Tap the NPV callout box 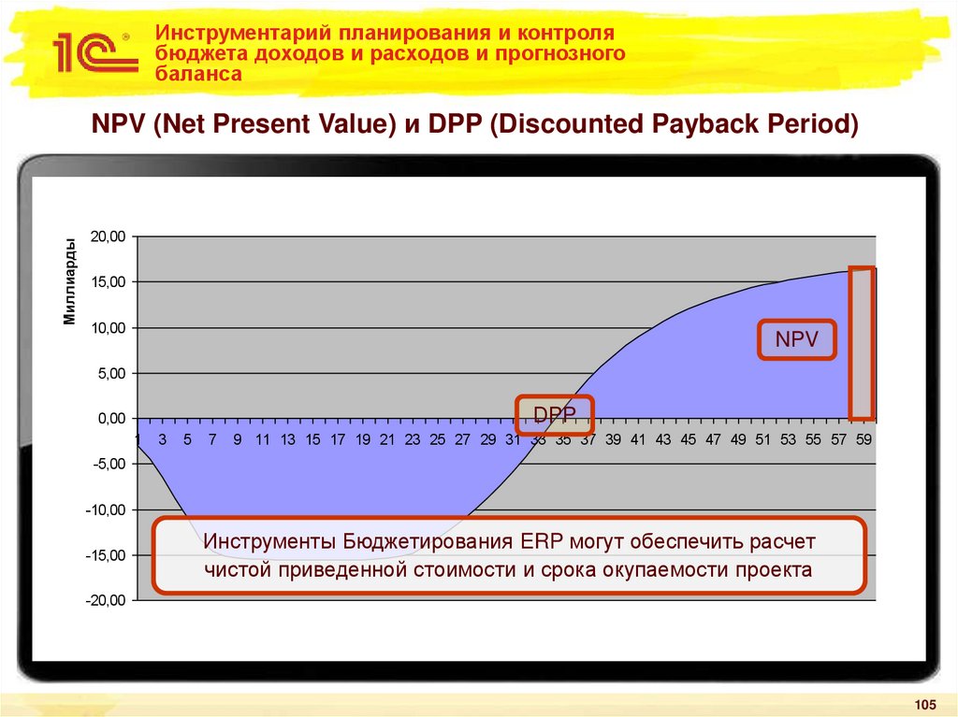796,341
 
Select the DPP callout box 556,414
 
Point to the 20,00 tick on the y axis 107,237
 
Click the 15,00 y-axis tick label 107,282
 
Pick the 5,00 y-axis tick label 110,374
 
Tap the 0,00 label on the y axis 110,420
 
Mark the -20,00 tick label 105,601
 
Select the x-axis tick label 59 864,439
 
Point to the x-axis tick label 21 387,439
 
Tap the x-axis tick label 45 689,439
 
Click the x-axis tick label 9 238,439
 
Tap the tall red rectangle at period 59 862,343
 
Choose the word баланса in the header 198,74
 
